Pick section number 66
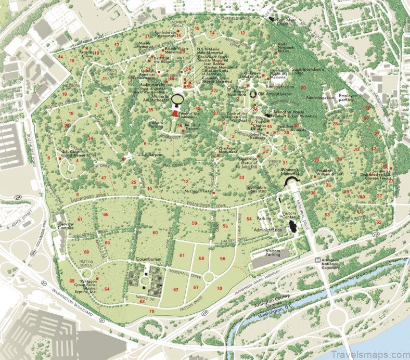106,214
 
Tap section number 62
176,290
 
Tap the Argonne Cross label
86,54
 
